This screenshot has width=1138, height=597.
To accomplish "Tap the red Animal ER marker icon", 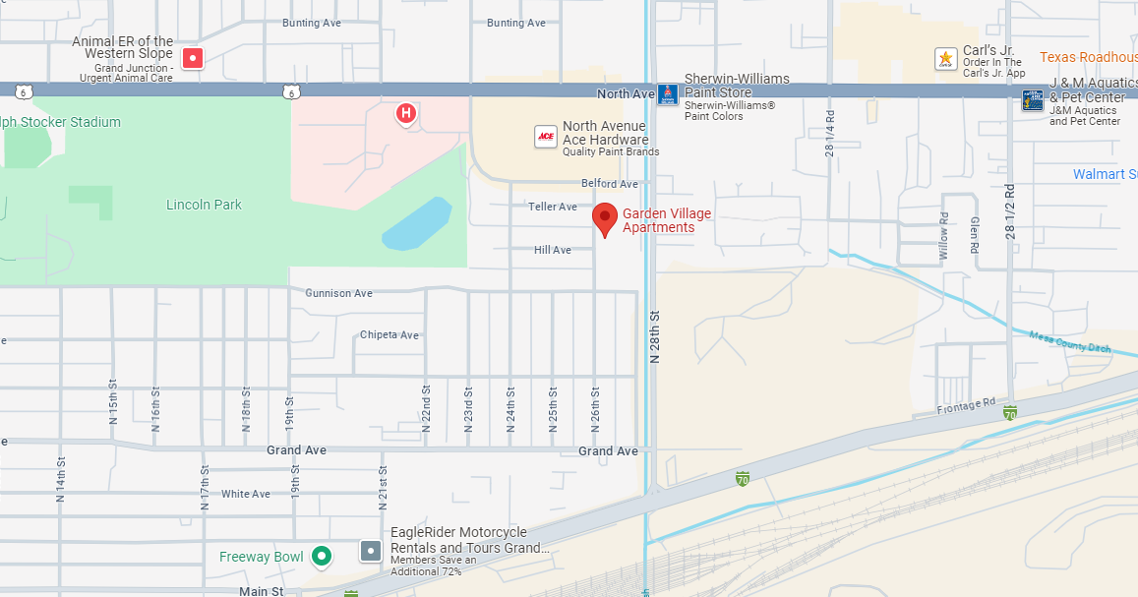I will click(194, 58).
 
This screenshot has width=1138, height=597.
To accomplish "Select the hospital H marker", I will click(405, 115).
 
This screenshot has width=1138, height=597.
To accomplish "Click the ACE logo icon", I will click(546, 137).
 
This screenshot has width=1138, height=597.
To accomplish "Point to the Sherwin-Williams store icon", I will click(668, 94).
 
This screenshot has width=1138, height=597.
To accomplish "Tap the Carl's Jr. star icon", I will click(945, 59).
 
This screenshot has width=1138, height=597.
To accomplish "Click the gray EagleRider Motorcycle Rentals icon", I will click(370, 551).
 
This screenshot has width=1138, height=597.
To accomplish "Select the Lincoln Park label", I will click(204, 205).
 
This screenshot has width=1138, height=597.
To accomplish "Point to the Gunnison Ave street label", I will click(338, 293).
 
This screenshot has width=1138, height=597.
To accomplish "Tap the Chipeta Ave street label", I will click(389, 334).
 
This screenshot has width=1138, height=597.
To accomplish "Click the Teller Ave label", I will click(553, 207).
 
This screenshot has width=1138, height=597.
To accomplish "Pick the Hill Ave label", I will click(553, 250).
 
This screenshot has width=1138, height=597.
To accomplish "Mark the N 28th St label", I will click(655, 337).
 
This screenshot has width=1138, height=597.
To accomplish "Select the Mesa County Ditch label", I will click(1068, 341).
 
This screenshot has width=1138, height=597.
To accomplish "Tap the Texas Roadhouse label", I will click(1088, 57).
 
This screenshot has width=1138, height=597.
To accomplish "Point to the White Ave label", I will click(246, 494).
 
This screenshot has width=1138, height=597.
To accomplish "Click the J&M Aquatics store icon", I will click(1032, 100).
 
